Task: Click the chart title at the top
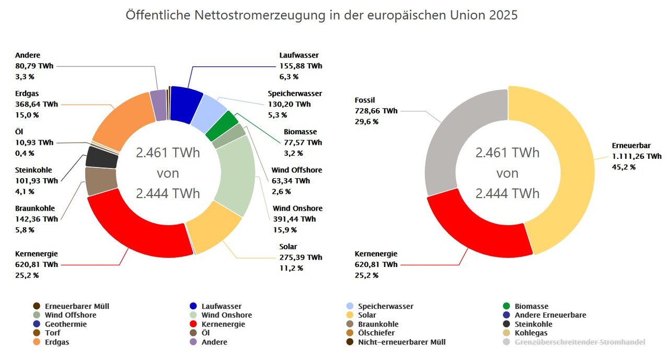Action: tap(321, 15)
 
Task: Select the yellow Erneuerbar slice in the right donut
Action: tap(564, 172)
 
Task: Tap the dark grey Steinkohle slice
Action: tap(101, 157)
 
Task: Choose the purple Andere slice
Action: tap(158, 105)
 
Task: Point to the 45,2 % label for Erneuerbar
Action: tap(624, 167)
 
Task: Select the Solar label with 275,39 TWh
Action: tap(301, 257)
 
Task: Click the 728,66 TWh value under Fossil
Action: tap(376, 111)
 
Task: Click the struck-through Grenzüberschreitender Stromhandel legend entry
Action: tap(580, 342)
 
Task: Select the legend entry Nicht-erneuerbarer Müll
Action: tap(401, 342)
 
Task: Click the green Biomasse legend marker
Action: tap(506, 306)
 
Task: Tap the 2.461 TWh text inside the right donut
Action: tap(507, 153)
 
